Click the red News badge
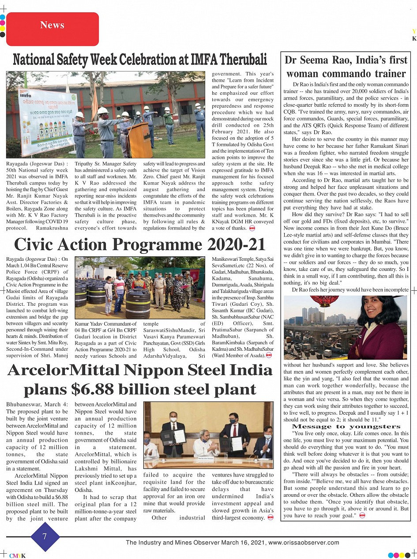coord(52,25)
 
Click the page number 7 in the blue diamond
coord(45,536)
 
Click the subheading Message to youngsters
coord(346,427)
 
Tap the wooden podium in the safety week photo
coord(140,140)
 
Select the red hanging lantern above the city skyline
coord(324,301)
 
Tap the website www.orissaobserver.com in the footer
coord(304,543)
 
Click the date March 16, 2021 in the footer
coord(243,543)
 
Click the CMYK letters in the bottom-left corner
coord(18,556)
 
